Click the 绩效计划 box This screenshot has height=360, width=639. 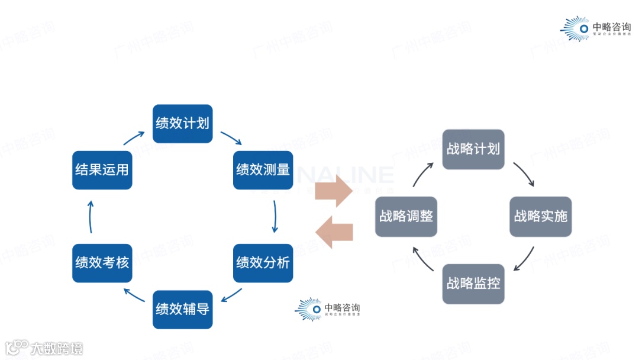182,123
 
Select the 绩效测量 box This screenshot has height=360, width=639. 263,169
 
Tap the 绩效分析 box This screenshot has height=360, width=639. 263,262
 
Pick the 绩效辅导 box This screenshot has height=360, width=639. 182,309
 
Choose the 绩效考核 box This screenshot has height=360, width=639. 102,262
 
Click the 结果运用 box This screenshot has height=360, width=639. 102,169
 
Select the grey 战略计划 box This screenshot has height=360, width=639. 473,149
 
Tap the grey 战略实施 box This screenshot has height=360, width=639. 540,216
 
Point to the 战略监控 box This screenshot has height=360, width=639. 473,284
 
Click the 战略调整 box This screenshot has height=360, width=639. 406,216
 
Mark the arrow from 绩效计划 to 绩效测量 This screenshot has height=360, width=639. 231,138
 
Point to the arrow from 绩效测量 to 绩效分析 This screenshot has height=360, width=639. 275,216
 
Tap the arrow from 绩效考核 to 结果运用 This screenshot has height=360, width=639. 91,216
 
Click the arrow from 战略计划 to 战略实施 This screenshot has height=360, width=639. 524,173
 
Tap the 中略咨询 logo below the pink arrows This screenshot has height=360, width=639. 328,309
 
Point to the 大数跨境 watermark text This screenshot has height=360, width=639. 44,348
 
